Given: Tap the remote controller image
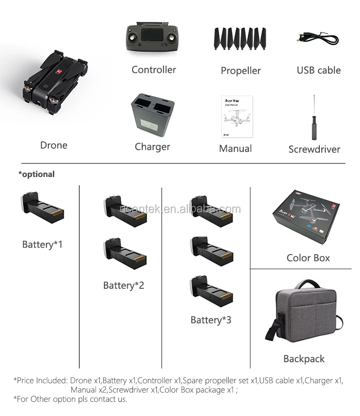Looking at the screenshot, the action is point(153,43).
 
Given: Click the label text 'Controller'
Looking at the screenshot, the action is point(154,70).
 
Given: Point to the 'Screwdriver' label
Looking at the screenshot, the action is point(314,149).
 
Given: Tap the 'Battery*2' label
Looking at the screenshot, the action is point(123,286).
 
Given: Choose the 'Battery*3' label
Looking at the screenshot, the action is point(211,320).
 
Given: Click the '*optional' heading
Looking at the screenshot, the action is point(36,174).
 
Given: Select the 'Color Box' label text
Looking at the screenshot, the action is point(308,258).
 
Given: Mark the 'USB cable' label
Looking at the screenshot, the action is point(319,70).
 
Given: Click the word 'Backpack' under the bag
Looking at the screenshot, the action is point(304,359).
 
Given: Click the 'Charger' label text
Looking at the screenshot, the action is point(152,147).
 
